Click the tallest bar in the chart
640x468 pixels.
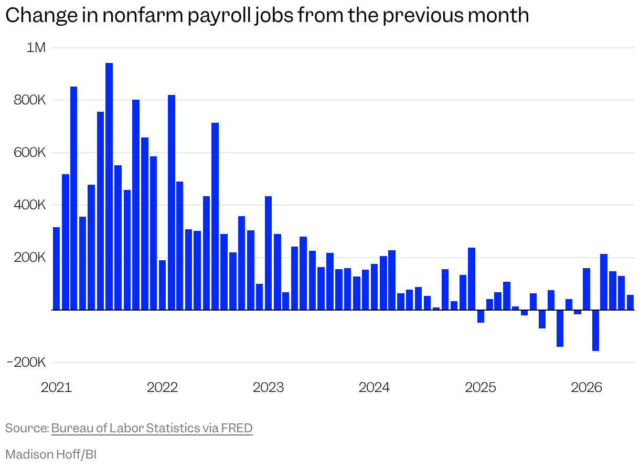[x=109, y=186]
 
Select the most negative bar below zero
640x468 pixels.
[x=596, y=331]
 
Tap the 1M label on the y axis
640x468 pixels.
[x=36, y=47]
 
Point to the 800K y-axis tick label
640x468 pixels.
[x=30, y=100]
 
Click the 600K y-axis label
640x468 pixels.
[x=30, y=153]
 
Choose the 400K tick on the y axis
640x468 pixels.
[x=30, y=205]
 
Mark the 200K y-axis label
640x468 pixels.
[x=30, y=258]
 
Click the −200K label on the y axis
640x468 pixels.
[x=26, y=363]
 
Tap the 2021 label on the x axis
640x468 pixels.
[x=56, y=387]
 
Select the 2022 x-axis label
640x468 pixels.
[x=162, y=387]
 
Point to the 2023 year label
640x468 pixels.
[x=268, y=387]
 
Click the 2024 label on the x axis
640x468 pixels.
[x=374, y=387]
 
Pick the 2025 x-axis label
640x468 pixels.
[x=481, y=387]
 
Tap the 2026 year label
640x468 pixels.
[x=586, y=387]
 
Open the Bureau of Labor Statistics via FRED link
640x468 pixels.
[x=152, y=428]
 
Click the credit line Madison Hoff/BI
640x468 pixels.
[x=51, y=454]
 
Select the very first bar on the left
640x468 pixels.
[x=57, y=269]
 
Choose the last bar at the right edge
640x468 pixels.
[x=630, y=302]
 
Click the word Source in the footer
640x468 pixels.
[x=27, y=428]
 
